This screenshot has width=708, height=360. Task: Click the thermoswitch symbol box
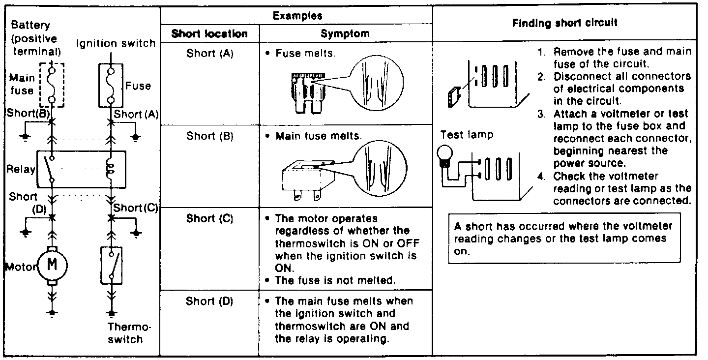click(x=112, y=266)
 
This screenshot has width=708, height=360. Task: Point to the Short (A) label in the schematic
click(x=135, y=114)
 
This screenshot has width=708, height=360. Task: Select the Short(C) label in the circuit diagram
click(x=135, y=208)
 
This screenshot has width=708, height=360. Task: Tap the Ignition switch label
click(x=116, y=43)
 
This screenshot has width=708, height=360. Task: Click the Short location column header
click(x=209, y=34)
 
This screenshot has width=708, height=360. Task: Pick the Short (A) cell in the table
click(x=209, y=54)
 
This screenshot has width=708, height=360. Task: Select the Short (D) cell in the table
click(x=209, y=301)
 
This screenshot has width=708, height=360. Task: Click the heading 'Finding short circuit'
click(x=565, y=23)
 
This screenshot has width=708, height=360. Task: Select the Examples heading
click(x=297, y=15)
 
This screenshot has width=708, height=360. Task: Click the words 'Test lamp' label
click(x=467, y=134)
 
